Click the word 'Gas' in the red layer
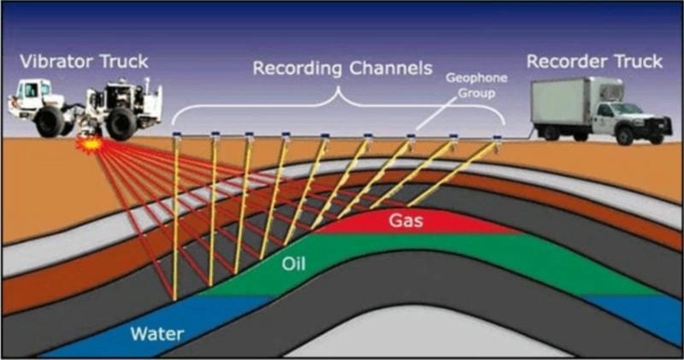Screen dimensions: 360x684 (404, 221)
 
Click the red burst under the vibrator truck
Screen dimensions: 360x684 (91, 145)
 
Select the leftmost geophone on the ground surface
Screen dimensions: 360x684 (175, 134)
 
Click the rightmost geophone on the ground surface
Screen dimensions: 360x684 (497, 137)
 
